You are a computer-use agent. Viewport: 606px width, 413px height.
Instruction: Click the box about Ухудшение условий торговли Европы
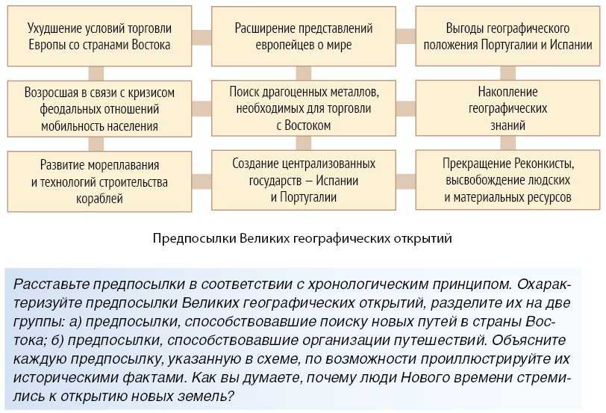99,36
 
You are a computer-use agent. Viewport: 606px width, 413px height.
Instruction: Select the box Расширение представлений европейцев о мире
303,36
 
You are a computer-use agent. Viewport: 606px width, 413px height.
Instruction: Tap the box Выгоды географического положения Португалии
507,36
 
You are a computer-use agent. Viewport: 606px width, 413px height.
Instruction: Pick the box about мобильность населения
99,109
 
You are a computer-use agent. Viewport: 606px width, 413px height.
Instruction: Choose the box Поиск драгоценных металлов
303,109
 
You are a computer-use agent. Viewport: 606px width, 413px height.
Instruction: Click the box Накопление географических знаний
507,109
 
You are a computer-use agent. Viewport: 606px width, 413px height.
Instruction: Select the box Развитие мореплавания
99,181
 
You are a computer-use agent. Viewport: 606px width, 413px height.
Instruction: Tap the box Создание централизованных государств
303,181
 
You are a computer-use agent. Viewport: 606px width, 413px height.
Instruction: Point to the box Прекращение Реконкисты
507,181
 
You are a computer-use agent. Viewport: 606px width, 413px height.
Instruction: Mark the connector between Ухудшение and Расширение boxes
201,36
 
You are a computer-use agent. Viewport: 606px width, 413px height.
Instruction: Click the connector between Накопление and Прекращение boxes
507,145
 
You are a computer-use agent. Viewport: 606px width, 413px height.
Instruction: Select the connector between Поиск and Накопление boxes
405,109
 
